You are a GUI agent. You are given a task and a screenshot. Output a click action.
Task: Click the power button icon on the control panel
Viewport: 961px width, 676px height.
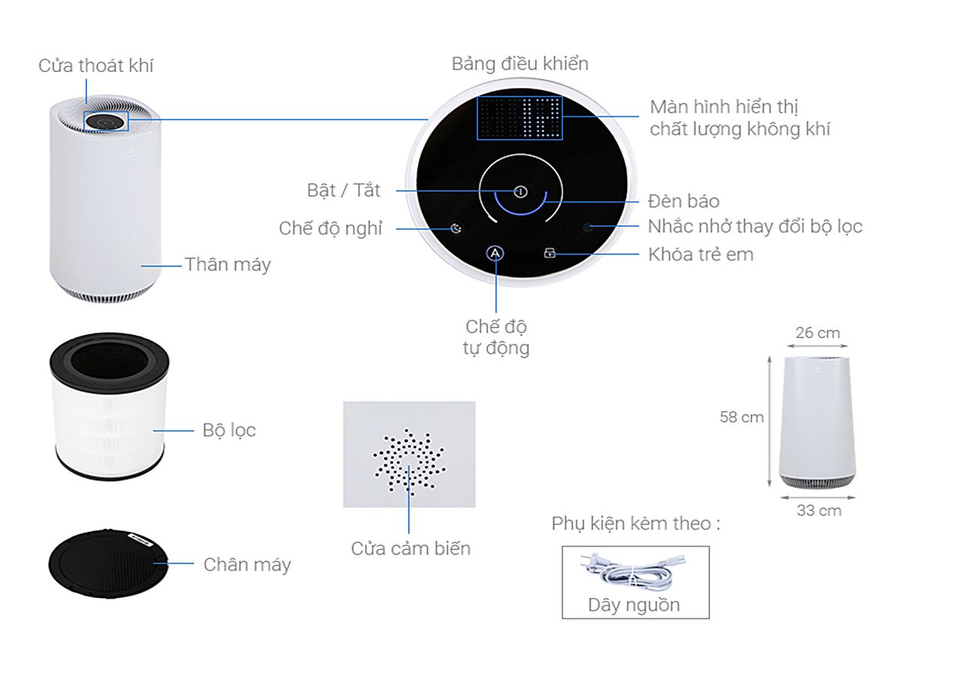(x=520, y=192)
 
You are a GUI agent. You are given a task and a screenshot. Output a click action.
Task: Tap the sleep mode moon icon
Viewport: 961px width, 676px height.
(x=456, y=228)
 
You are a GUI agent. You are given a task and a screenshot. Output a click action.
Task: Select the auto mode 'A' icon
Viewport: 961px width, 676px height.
(x=495, y=253)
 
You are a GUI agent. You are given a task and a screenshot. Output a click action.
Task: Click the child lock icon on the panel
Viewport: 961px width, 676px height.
(x=549, y=254)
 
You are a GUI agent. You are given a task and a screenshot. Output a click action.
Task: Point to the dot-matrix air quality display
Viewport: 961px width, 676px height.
(x=520, y=118)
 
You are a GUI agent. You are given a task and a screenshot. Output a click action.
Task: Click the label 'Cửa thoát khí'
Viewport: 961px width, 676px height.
(x=95, y=65)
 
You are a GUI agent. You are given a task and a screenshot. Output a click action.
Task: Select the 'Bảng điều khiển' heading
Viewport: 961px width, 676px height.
(x=520, y=64)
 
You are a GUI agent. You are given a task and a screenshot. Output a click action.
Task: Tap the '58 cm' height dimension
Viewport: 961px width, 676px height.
(x=741, y=417)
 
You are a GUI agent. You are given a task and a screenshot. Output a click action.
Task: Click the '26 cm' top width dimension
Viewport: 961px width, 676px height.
(x=818, y=333)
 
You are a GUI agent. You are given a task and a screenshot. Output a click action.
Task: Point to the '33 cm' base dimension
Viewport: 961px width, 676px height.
(x=819, y=510)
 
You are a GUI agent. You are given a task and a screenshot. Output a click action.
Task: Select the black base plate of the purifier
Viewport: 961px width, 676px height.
(x=108, y=563)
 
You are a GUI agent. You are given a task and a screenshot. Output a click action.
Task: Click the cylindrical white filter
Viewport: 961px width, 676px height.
(x=110, y=406)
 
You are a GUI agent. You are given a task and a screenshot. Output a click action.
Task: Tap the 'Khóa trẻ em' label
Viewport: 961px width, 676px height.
(x=700, y=255)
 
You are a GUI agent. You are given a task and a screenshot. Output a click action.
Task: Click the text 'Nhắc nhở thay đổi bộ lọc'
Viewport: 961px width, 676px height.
(x=755, y=227)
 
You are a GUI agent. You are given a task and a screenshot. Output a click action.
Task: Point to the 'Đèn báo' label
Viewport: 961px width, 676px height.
(x=683, y=201)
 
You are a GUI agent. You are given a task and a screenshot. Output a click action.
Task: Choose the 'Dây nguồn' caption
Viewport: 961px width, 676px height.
(x=634, y=605)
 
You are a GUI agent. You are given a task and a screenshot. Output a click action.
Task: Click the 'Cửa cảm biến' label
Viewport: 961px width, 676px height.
(x=411, y=548)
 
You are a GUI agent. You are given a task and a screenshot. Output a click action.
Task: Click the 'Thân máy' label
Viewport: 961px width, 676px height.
(x=227, y=264)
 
